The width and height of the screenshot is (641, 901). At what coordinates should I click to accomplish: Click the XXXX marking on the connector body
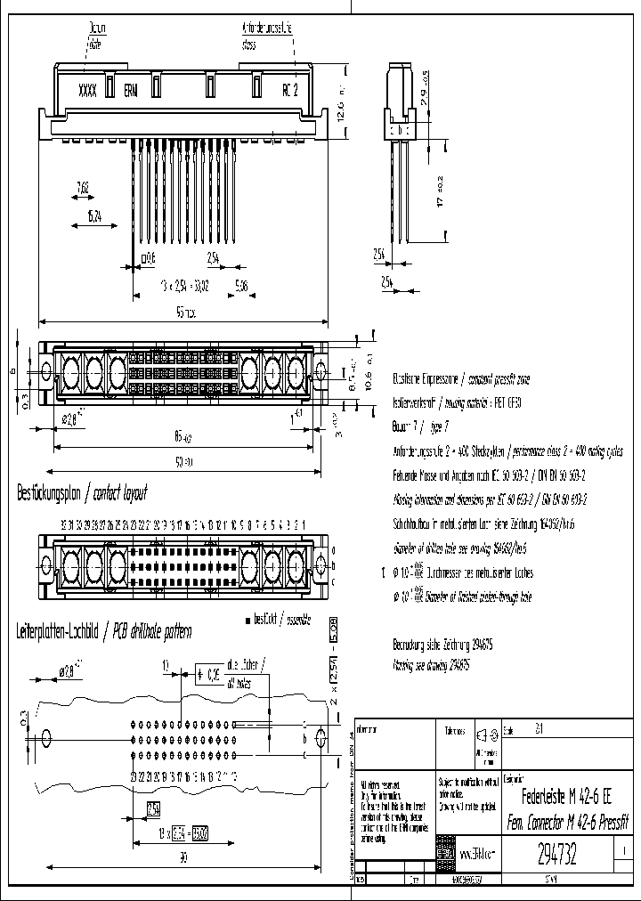(87, 89)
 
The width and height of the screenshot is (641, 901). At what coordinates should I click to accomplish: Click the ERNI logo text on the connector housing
(131, 90)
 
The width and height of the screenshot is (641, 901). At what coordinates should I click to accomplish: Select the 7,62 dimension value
(83, 188)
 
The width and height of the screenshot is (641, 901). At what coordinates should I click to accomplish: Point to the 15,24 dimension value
(93, 216)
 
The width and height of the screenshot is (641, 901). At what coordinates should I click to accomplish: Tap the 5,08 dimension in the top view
(241, 286)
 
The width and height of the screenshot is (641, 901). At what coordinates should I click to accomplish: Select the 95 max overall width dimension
(184, 313)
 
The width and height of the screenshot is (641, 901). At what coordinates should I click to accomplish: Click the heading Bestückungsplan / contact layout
(82, 492)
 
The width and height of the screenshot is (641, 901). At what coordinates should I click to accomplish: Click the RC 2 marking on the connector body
(290, 89)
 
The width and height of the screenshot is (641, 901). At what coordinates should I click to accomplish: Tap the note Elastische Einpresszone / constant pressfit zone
(461, 377)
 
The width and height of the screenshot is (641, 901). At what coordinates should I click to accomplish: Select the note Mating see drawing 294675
(431, 664)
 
